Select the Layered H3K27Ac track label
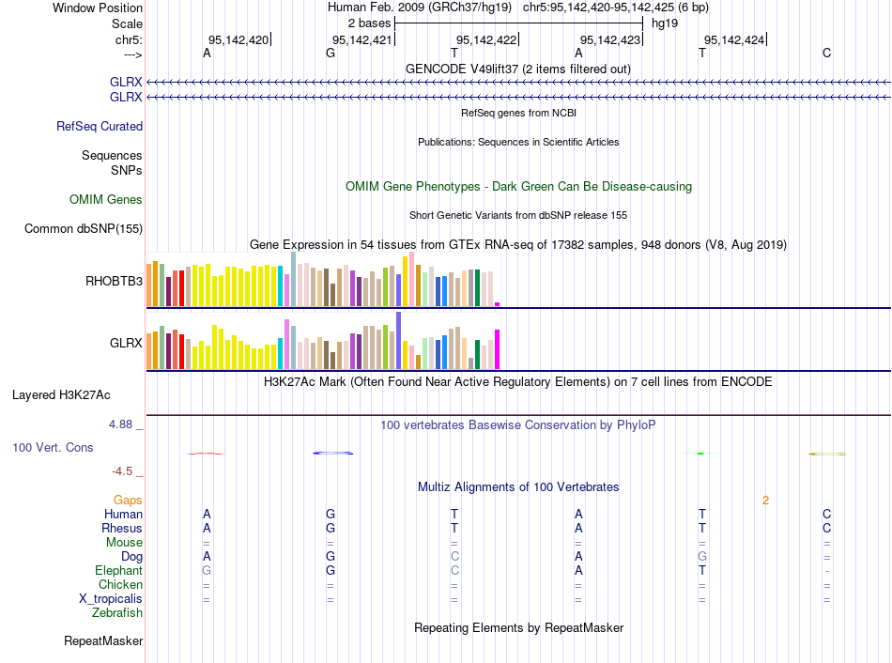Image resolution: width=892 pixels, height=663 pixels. point(61,394)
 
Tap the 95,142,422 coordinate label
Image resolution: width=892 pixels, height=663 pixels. point(485,39)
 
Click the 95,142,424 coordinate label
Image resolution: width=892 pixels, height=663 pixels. point(735,39)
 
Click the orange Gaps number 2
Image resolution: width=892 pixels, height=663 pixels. point(765,501)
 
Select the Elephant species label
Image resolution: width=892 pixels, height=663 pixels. point(118,571)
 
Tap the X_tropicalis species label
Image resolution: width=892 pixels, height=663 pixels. point(111,599)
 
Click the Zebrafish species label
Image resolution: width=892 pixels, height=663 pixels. point(117,613)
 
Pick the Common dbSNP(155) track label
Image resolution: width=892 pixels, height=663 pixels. point(84,228)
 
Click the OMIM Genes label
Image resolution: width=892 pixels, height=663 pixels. point(106,199)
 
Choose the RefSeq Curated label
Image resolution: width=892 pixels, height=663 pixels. point(100,126)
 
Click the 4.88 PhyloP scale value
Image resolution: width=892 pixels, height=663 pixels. point(122,424)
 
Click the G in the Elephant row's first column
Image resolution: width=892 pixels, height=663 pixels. point(207,571)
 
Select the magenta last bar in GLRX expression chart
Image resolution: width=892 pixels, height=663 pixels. point(497,349)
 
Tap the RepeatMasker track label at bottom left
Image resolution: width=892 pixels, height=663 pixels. point(103,641)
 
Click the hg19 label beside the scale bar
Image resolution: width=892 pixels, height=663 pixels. point(665,23)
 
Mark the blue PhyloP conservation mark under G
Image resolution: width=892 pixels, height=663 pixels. point(332,454)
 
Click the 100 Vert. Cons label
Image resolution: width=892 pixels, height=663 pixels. point(53,448)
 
